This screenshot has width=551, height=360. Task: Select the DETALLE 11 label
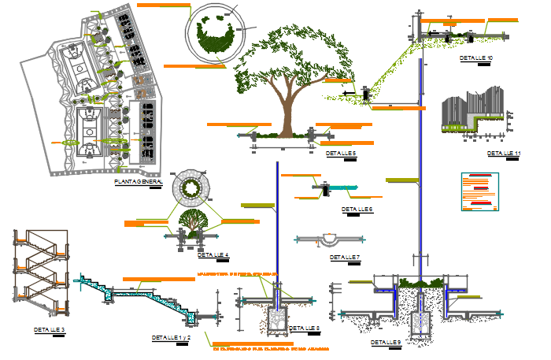504,153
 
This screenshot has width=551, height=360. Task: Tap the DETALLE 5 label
341,154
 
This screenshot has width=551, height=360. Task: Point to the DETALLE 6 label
357,210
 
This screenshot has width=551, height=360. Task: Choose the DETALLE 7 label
345,257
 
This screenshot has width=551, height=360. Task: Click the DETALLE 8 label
305,328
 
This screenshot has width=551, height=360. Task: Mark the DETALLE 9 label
386,343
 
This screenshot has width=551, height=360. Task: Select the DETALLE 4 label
213,255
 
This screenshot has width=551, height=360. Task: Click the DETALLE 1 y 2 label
172,337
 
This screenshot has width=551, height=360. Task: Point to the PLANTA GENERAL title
139,182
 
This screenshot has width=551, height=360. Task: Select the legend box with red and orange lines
479,193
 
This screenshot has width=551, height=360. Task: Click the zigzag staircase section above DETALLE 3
39,268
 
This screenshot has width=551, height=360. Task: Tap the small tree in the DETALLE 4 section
190,221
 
